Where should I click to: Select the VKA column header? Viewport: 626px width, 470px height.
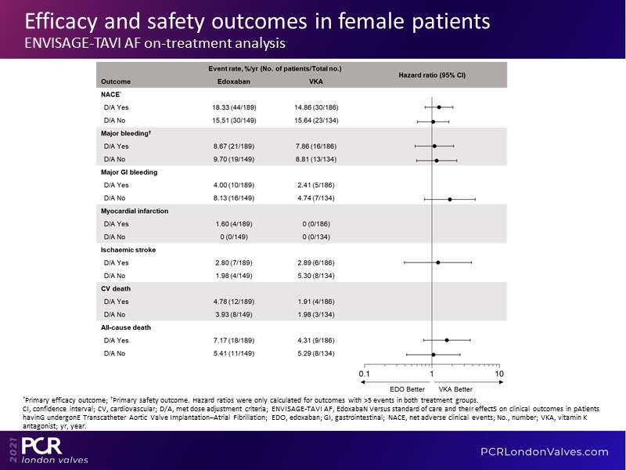tap(316, 81)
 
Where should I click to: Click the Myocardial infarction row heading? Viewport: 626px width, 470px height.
tap(135, 211)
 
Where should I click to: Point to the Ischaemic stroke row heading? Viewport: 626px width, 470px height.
tap(129, 249)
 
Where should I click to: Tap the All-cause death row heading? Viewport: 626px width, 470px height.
tap(125, 327)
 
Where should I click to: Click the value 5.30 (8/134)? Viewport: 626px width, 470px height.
tap(317, 275)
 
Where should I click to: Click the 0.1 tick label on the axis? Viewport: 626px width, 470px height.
tap(365, 374)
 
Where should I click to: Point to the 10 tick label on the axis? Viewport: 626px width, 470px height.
tap(499, 374)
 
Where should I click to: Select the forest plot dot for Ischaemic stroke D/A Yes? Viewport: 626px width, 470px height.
tap(437, 262)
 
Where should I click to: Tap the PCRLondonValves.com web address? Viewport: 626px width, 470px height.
tap(544, 451)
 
